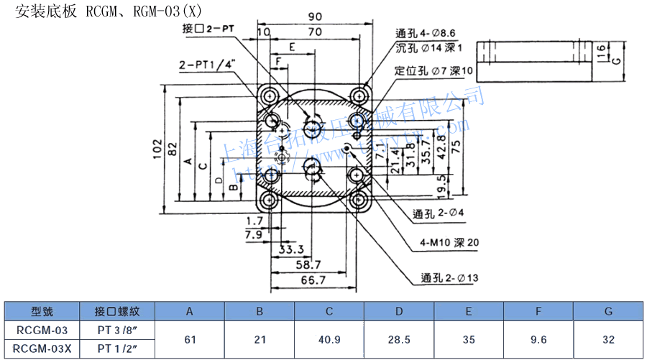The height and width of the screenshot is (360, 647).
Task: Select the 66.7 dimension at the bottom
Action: coord(312,280)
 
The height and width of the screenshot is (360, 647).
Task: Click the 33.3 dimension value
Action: coord(291,250)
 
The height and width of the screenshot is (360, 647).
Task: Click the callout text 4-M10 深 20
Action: coord(450,243)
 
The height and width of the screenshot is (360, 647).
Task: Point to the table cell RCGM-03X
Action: coord(42,349)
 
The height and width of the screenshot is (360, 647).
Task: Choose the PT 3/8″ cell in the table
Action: coord(116,331)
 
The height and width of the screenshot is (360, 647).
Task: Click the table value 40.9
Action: coord(329,339)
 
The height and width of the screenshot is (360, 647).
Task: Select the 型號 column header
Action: coord(42,311)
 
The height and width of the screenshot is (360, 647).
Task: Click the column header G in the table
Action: coord(608,311)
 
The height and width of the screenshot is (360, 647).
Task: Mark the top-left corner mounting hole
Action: coord(270,96)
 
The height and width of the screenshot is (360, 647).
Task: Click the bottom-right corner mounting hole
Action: coord(358,200)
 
